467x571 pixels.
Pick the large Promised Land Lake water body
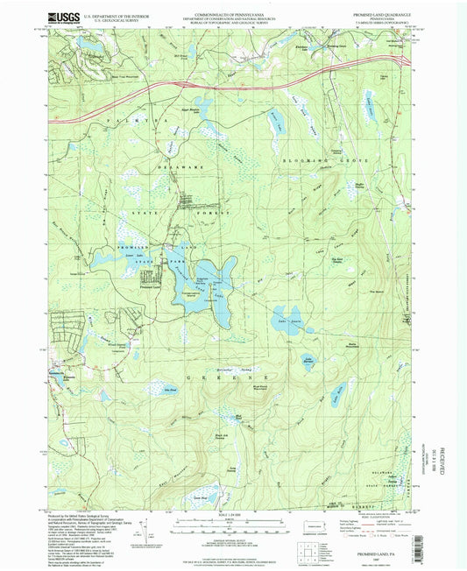tap(203, 280)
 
